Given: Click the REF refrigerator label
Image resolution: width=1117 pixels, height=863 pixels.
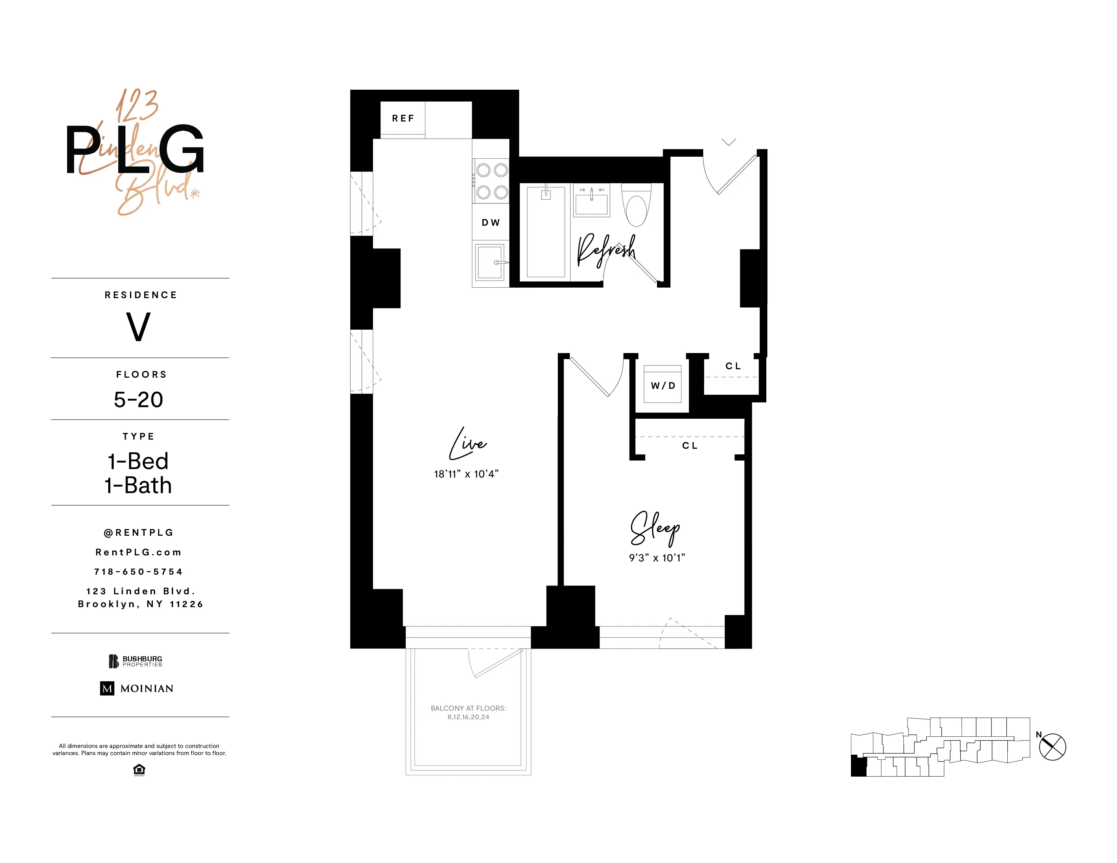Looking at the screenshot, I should point(402,118).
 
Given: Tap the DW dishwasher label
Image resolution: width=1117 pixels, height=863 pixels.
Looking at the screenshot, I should point(490,222).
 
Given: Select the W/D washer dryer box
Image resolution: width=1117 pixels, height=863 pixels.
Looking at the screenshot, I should point(662,384).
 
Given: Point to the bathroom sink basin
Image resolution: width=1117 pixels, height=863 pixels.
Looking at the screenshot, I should point(592,203).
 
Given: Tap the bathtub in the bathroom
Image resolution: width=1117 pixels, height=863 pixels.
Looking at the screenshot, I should point(546,233).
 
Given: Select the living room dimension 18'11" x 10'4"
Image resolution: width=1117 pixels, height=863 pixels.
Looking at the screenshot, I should point(466,474).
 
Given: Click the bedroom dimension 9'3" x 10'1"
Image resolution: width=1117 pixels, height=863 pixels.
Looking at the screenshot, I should point(657,558).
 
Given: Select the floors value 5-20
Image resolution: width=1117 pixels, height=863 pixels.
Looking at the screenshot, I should point(138,399).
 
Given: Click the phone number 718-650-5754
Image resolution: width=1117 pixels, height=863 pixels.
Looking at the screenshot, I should point(138,572).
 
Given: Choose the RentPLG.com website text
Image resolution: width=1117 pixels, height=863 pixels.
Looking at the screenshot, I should point(138,552).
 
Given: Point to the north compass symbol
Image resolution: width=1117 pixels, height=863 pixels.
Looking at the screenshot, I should point(1052,747).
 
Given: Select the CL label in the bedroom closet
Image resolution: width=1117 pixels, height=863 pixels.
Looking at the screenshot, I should point(689,446).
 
